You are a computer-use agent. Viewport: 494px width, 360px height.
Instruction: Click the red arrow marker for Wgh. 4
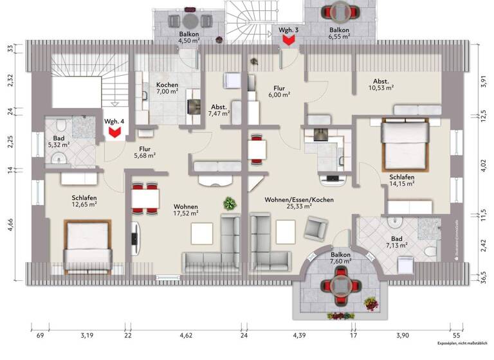pos(116,133)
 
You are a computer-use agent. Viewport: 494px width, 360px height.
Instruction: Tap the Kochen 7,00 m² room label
pos(167,89)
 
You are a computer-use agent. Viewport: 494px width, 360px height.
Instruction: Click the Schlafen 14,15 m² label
pos(401,181)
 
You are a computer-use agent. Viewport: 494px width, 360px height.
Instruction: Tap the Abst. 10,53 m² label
pos(381,84)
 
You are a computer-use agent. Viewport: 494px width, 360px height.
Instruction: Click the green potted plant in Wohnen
pos(229,204)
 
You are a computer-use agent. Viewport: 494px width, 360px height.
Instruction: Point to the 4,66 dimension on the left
pos(10,228)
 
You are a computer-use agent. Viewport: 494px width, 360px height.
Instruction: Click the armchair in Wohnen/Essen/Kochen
pos(316,228)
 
